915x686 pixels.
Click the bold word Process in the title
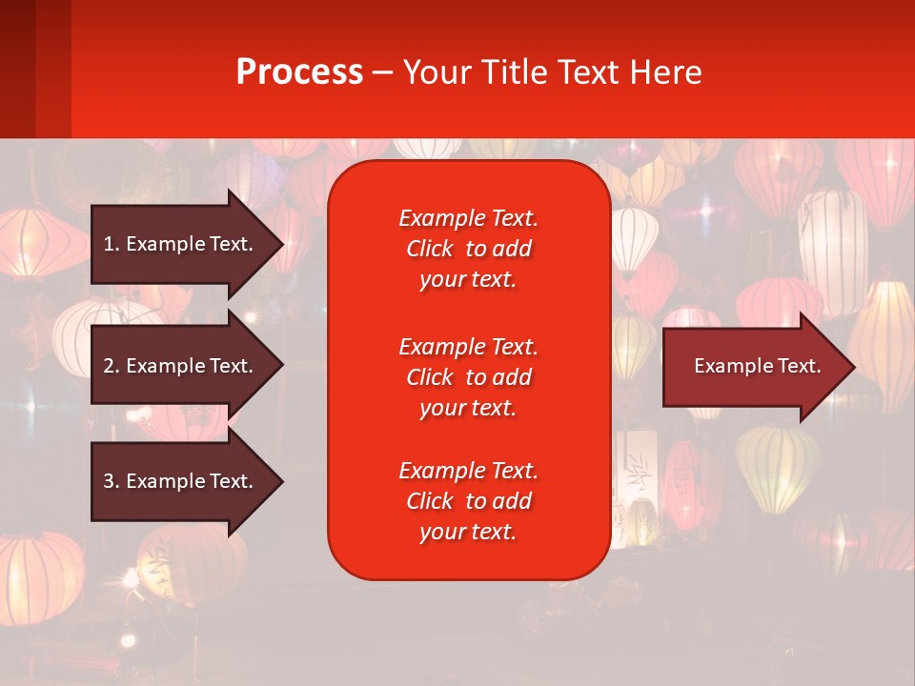tap(299, 72)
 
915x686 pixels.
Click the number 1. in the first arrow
tap(112, 244)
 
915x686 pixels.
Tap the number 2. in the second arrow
tap(112, 366)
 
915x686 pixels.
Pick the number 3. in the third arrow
tap(112, 481)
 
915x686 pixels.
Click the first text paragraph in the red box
tap(468, 249)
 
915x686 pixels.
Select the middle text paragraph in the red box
tap(468, 376)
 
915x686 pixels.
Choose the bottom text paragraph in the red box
tap(468, 501)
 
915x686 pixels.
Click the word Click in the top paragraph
tap(429, 249)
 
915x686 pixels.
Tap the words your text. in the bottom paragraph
tap(468, 533)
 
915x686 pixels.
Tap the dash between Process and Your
tap(382, 73)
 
